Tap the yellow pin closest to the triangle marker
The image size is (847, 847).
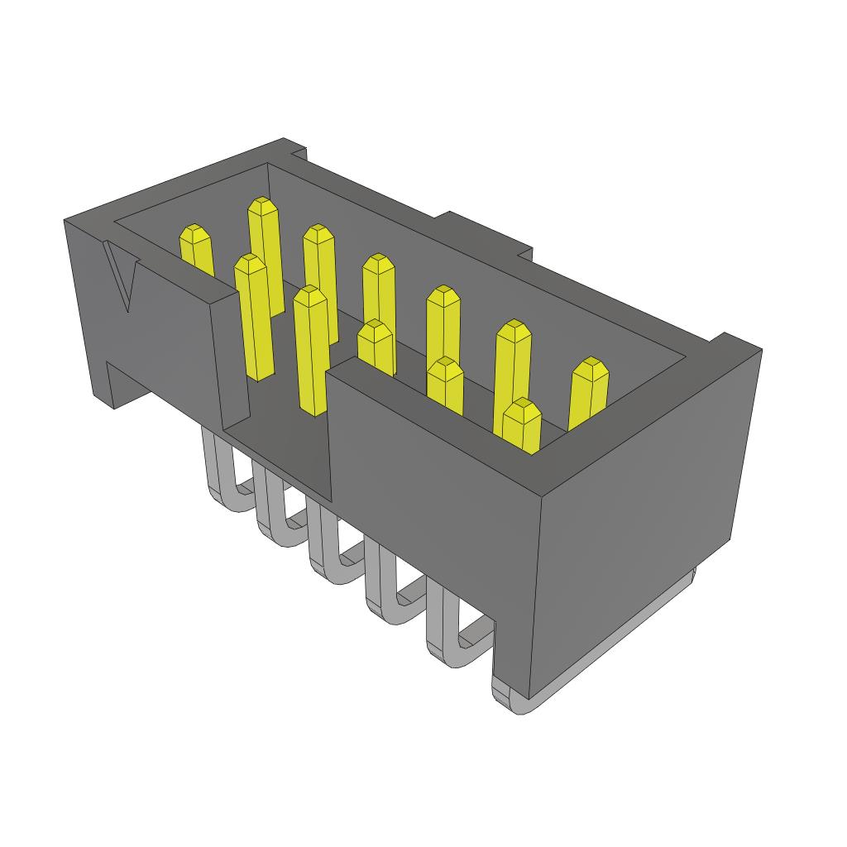(197, 251)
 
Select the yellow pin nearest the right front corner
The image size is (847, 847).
(522, 426)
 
